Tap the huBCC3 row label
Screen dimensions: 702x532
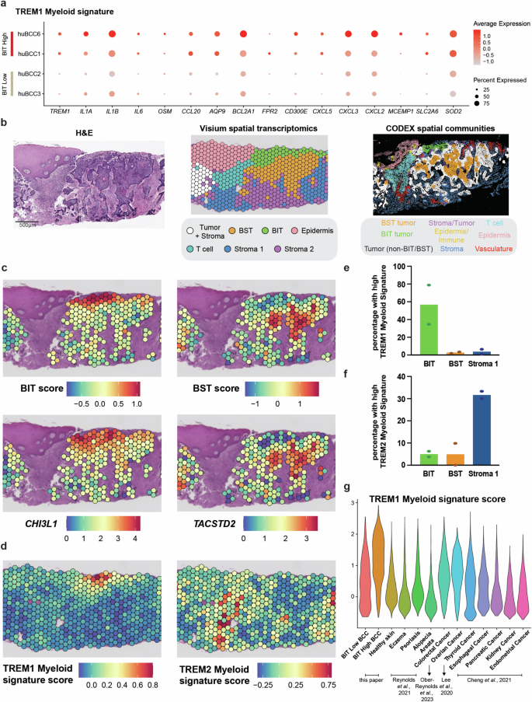click(29, 93)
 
